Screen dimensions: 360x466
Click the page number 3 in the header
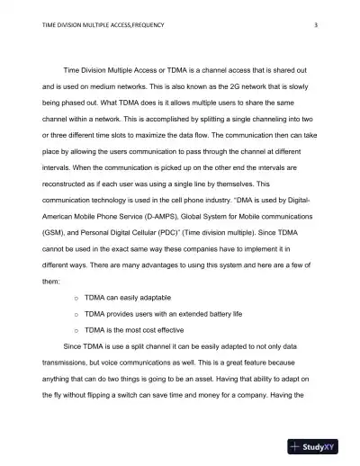pos(317,25)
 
